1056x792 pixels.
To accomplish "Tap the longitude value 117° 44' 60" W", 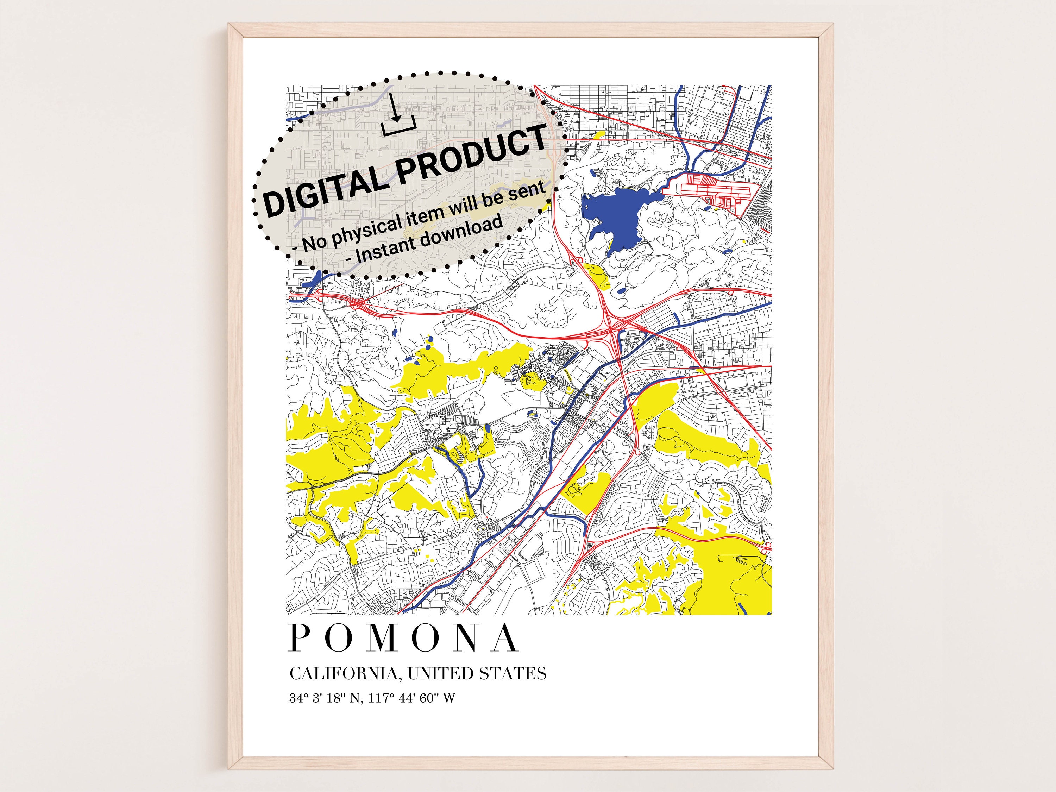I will point(412,698).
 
